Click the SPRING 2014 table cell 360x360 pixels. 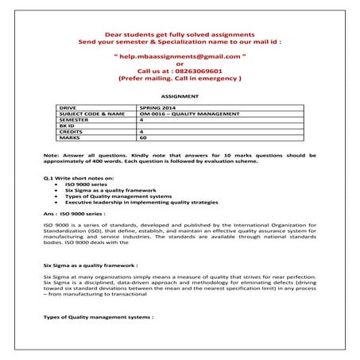tap(155, 106)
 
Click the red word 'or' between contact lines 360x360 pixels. tap(179, 64)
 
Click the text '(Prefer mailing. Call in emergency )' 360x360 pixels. tap(179, 79)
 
